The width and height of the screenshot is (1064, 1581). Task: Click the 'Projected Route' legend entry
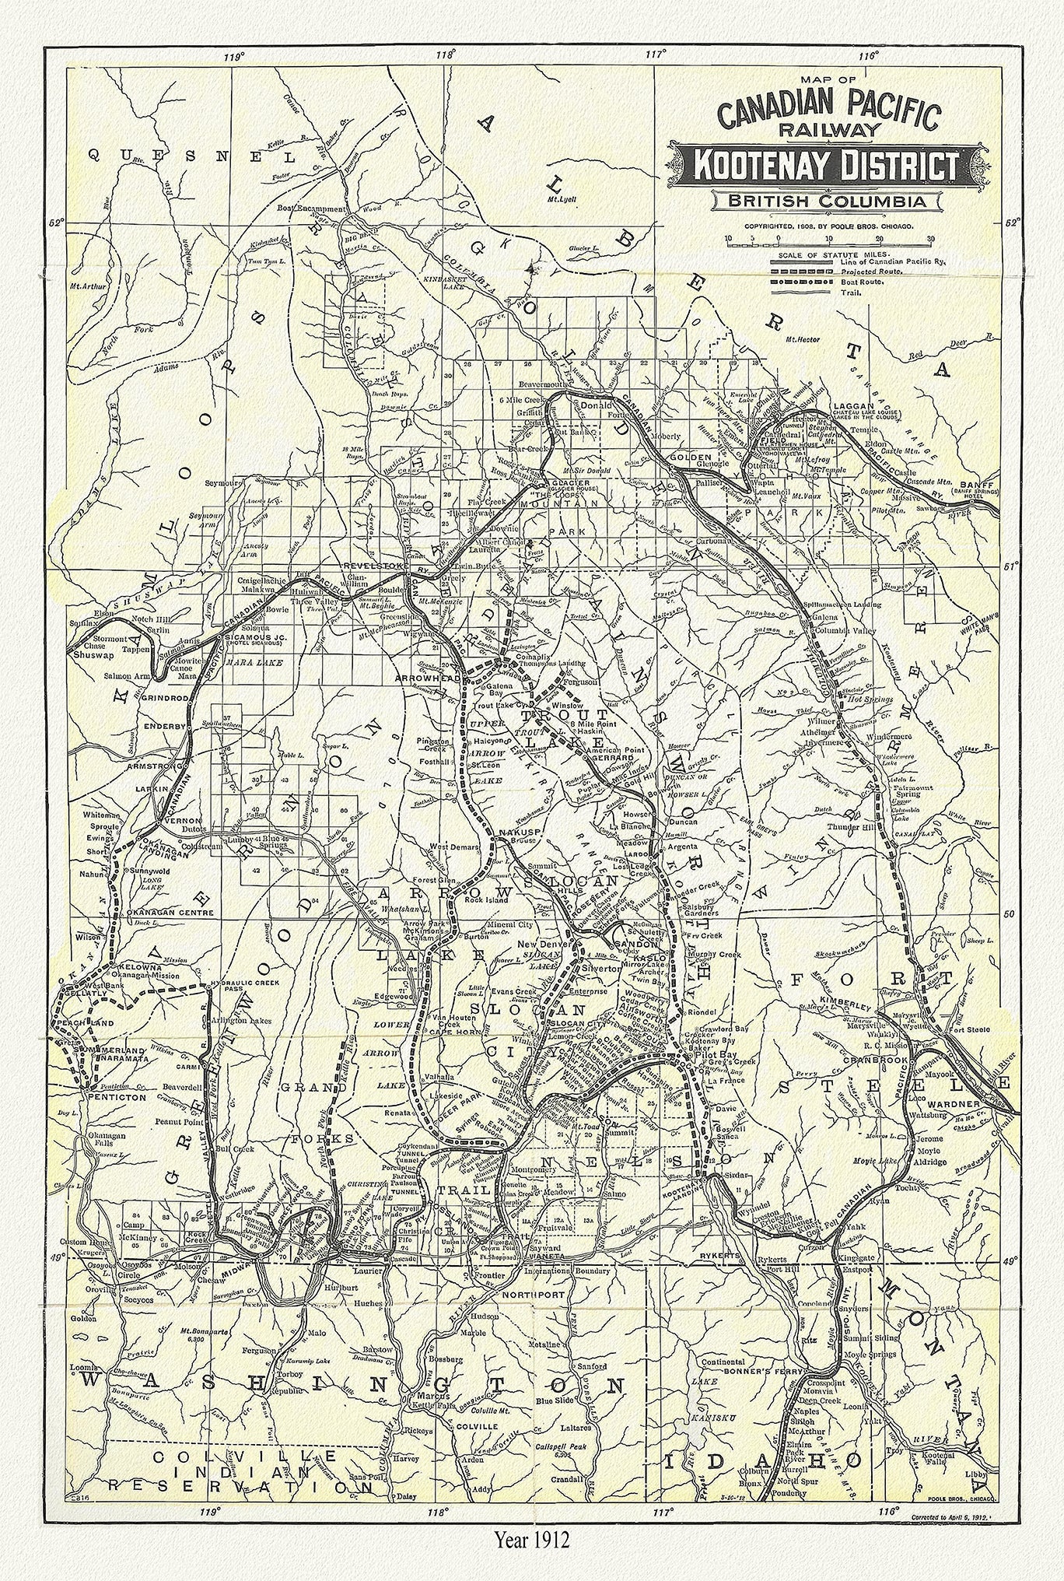[x=870, y=272]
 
